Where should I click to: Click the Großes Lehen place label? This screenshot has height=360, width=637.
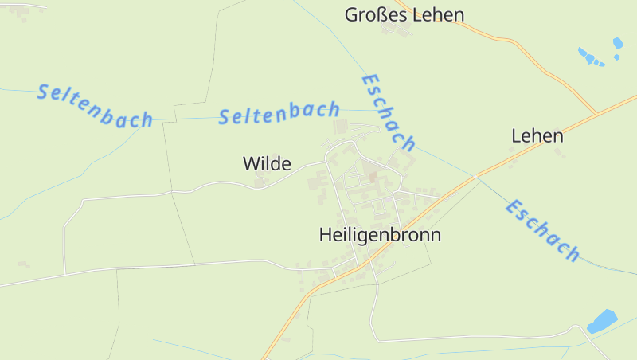404,14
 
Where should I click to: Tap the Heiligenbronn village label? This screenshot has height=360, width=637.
380,235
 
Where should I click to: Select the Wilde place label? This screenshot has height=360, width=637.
267,164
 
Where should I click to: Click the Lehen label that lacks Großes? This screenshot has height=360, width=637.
537,135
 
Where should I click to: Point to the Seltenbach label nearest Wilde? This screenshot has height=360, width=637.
279,114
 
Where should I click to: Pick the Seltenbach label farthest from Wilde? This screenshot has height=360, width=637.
95,105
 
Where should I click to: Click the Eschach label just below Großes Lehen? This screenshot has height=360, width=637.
389,113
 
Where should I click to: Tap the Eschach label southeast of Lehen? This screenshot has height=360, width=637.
542,231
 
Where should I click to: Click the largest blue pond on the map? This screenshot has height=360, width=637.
602,321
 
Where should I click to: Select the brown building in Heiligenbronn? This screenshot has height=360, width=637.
371,175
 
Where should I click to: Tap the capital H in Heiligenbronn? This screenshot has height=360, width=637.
325,235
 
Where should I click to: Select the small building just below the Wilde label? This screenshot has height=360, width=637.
261,182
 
